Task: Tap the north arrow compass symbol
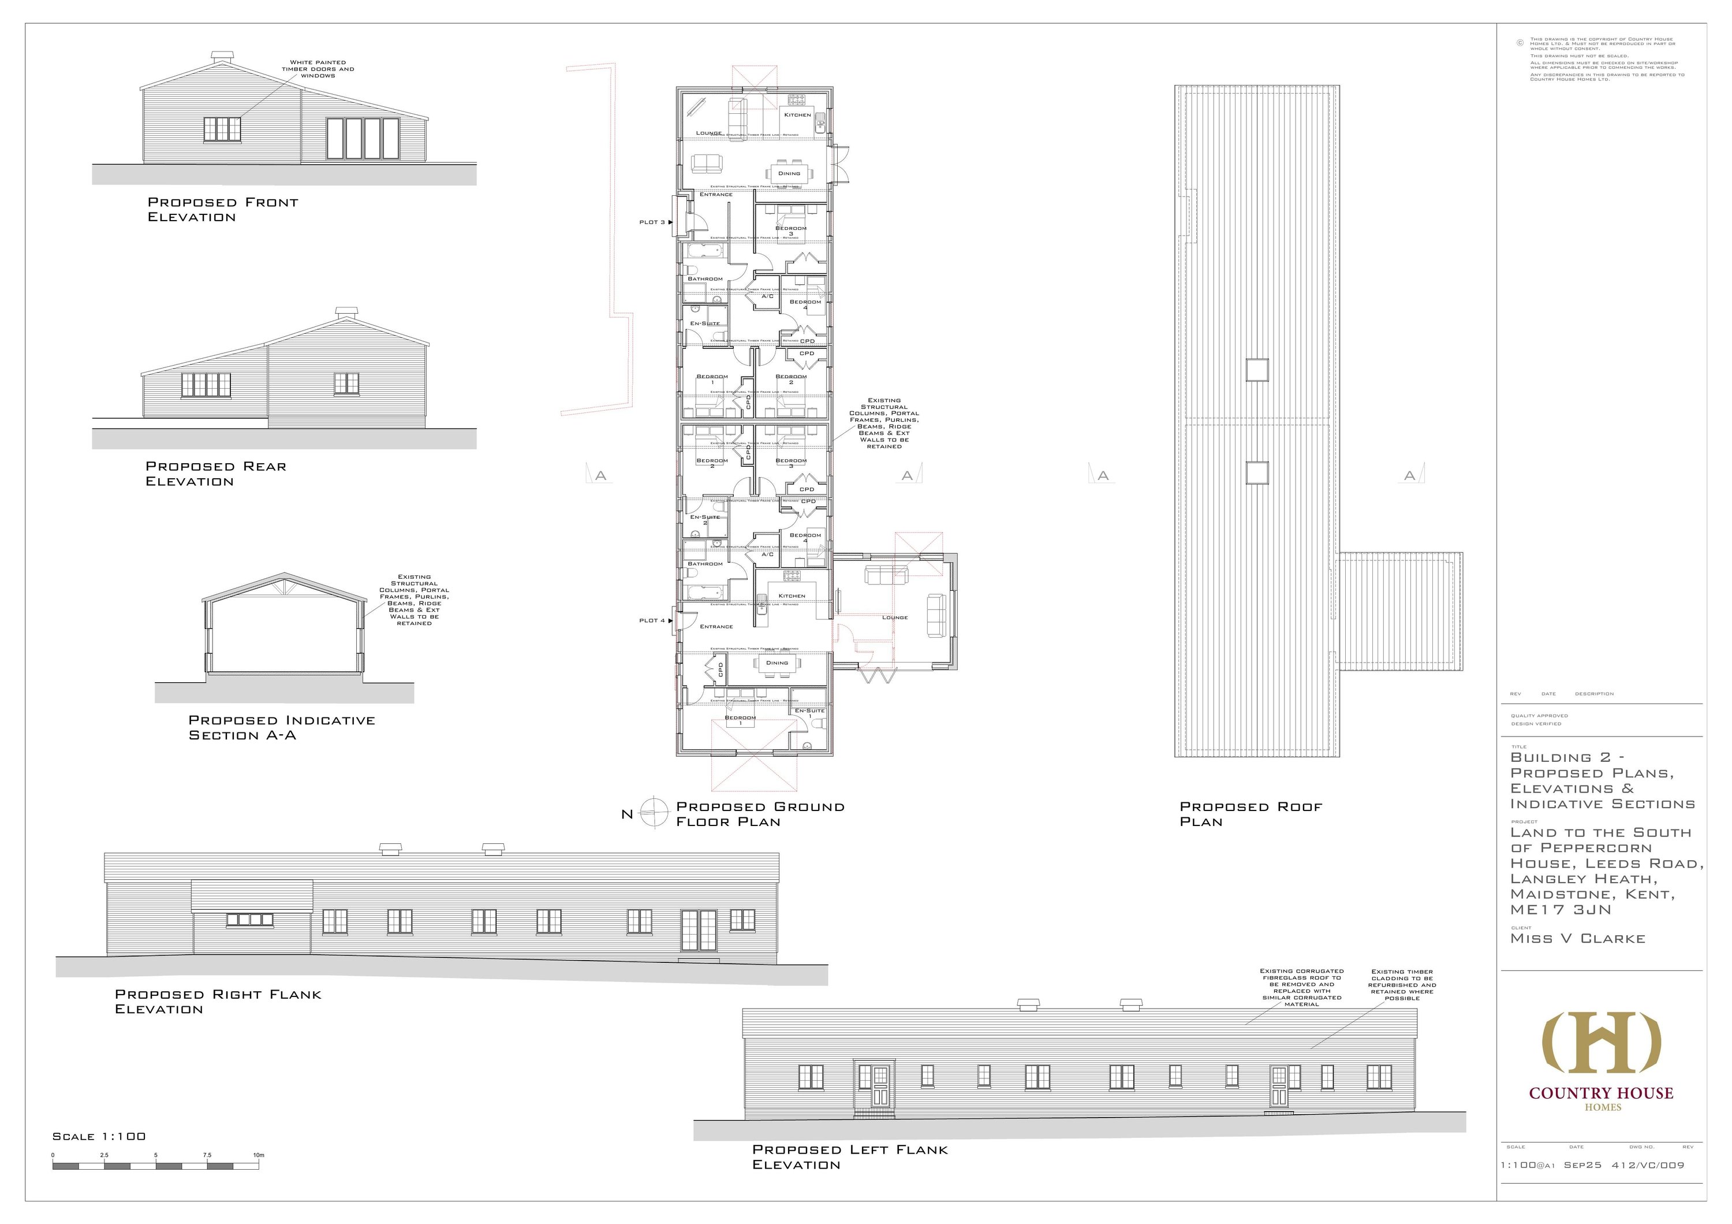(x=655, y=813)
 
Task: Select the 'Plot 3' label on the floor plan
(x=652, y=222)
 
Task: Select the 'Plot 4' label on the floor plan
(x=652, y=620)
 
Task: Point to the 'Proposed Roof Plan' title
(x=1251, y=813)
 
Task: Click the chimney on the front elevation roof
(x=222, y=57)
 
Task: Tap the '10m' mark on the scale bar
(x=258, y=1155)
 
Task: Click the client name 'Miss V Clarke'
(x=1577, y=939)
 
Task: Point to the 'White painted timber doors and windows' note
(x=318, y=69)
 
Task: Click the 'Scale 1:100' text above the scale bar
(x=99, y=1136)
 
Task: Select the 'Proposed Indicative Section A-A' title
(x=281, y=727)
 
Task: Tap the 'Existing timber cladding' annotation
(x=1403, y=985)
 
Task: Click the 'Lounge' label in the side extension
(x=895, y=617)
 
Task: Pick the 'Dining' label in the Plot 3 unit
(x=789, y=173)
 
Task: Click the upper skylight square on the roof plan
(x=1257, y=370)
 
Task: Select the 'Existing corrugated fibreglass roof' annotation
(x=1301, y=987)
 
